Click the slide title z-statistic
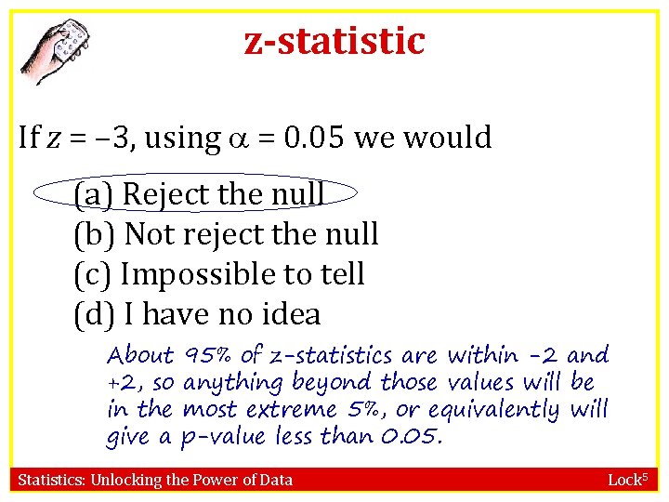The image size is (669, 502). [334, 41]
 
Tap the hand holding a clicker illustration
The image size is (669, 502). [57, 52]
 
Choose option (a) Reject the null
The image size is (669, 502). [198, 194]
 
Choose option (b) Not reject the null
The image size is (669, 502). [225, 234]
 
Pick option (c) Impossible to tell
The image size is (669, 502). [218, 274]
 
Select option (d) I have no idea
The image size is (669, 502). [196, 314]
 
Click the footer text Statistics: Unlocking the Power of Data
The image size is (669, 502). [156, 480]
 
